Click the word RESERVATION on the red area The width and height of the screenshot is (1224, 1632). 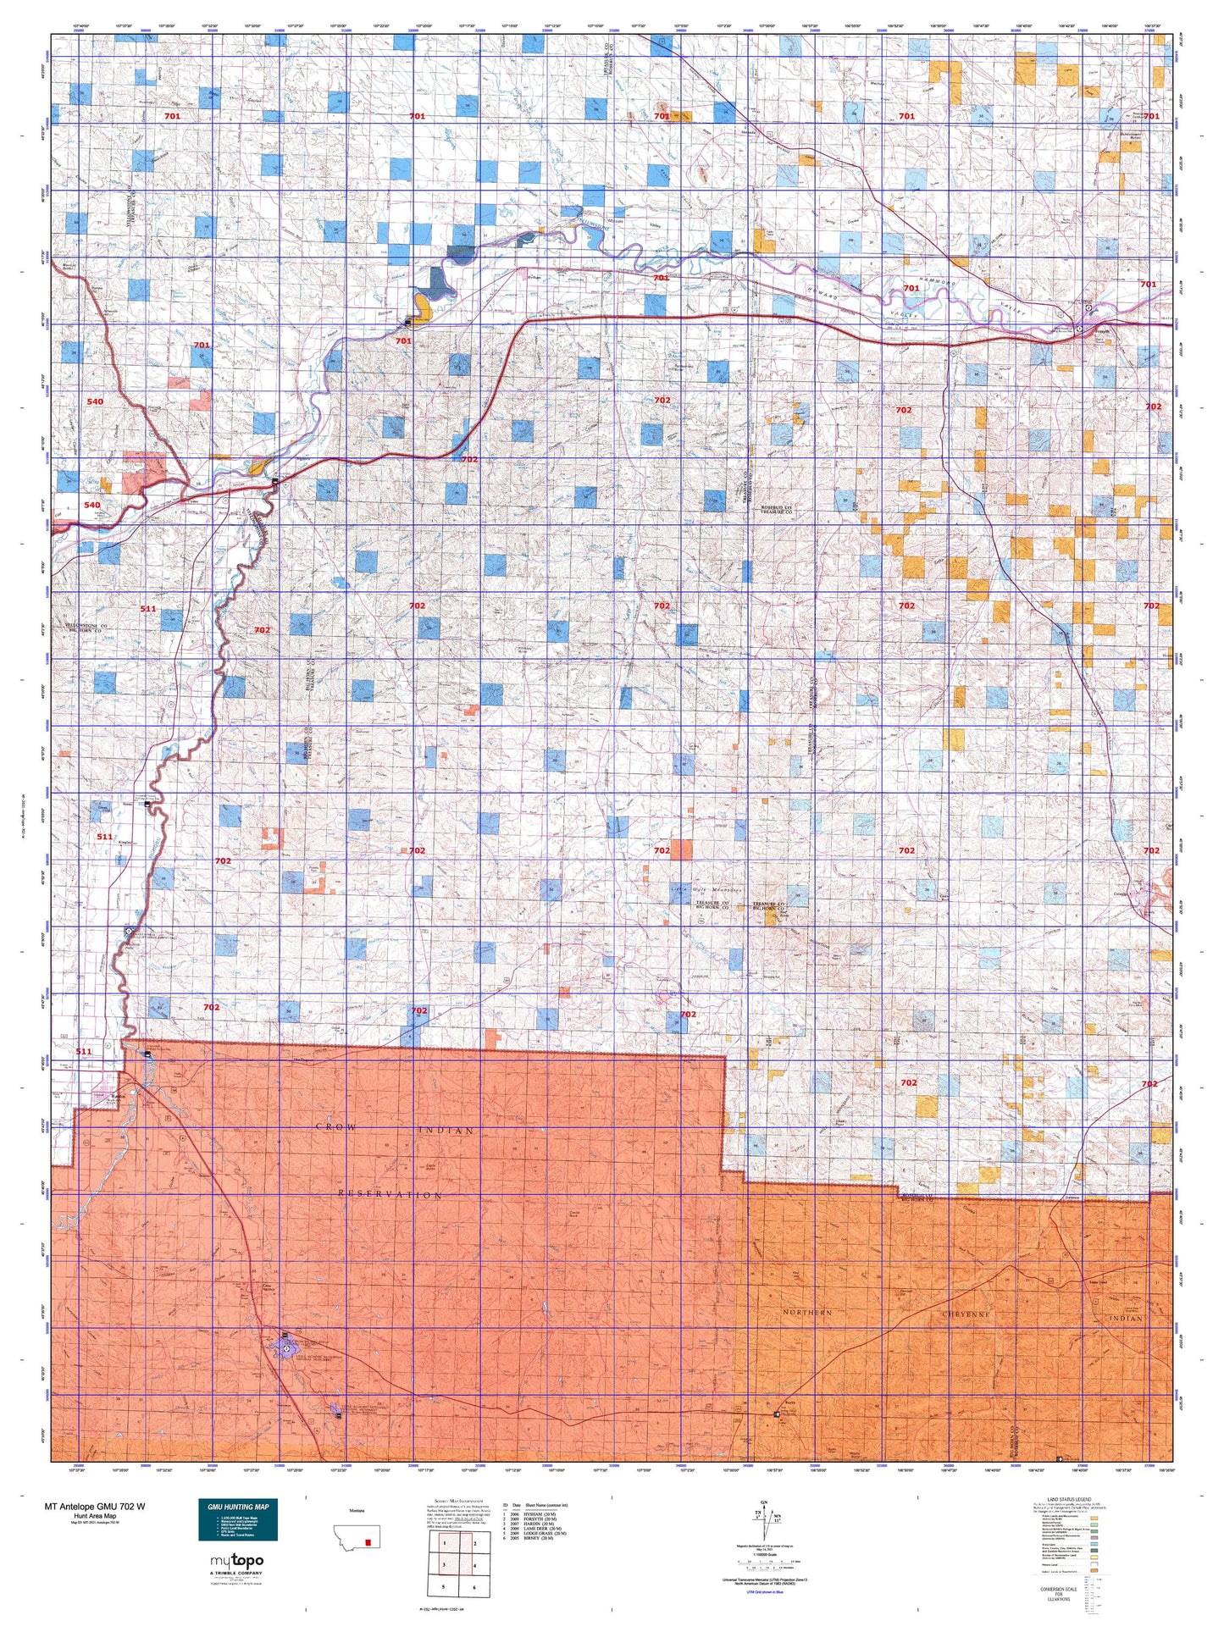coord(390,1195)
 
